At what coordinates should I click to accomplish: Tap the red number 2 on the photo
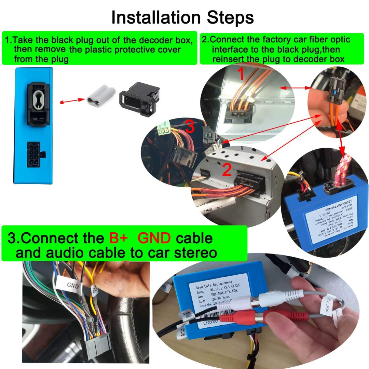pyautogui.click(x=227, y=170)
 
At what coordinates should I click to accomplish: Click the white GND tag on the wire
pyautogui.click(x=73, y=285)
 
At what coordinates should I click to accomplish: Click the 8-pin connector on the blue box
pyautogui.click(x=34, y=154)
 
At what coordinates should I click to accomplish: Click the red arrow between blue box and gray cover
pyautogui.click(x=72, y=101)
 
